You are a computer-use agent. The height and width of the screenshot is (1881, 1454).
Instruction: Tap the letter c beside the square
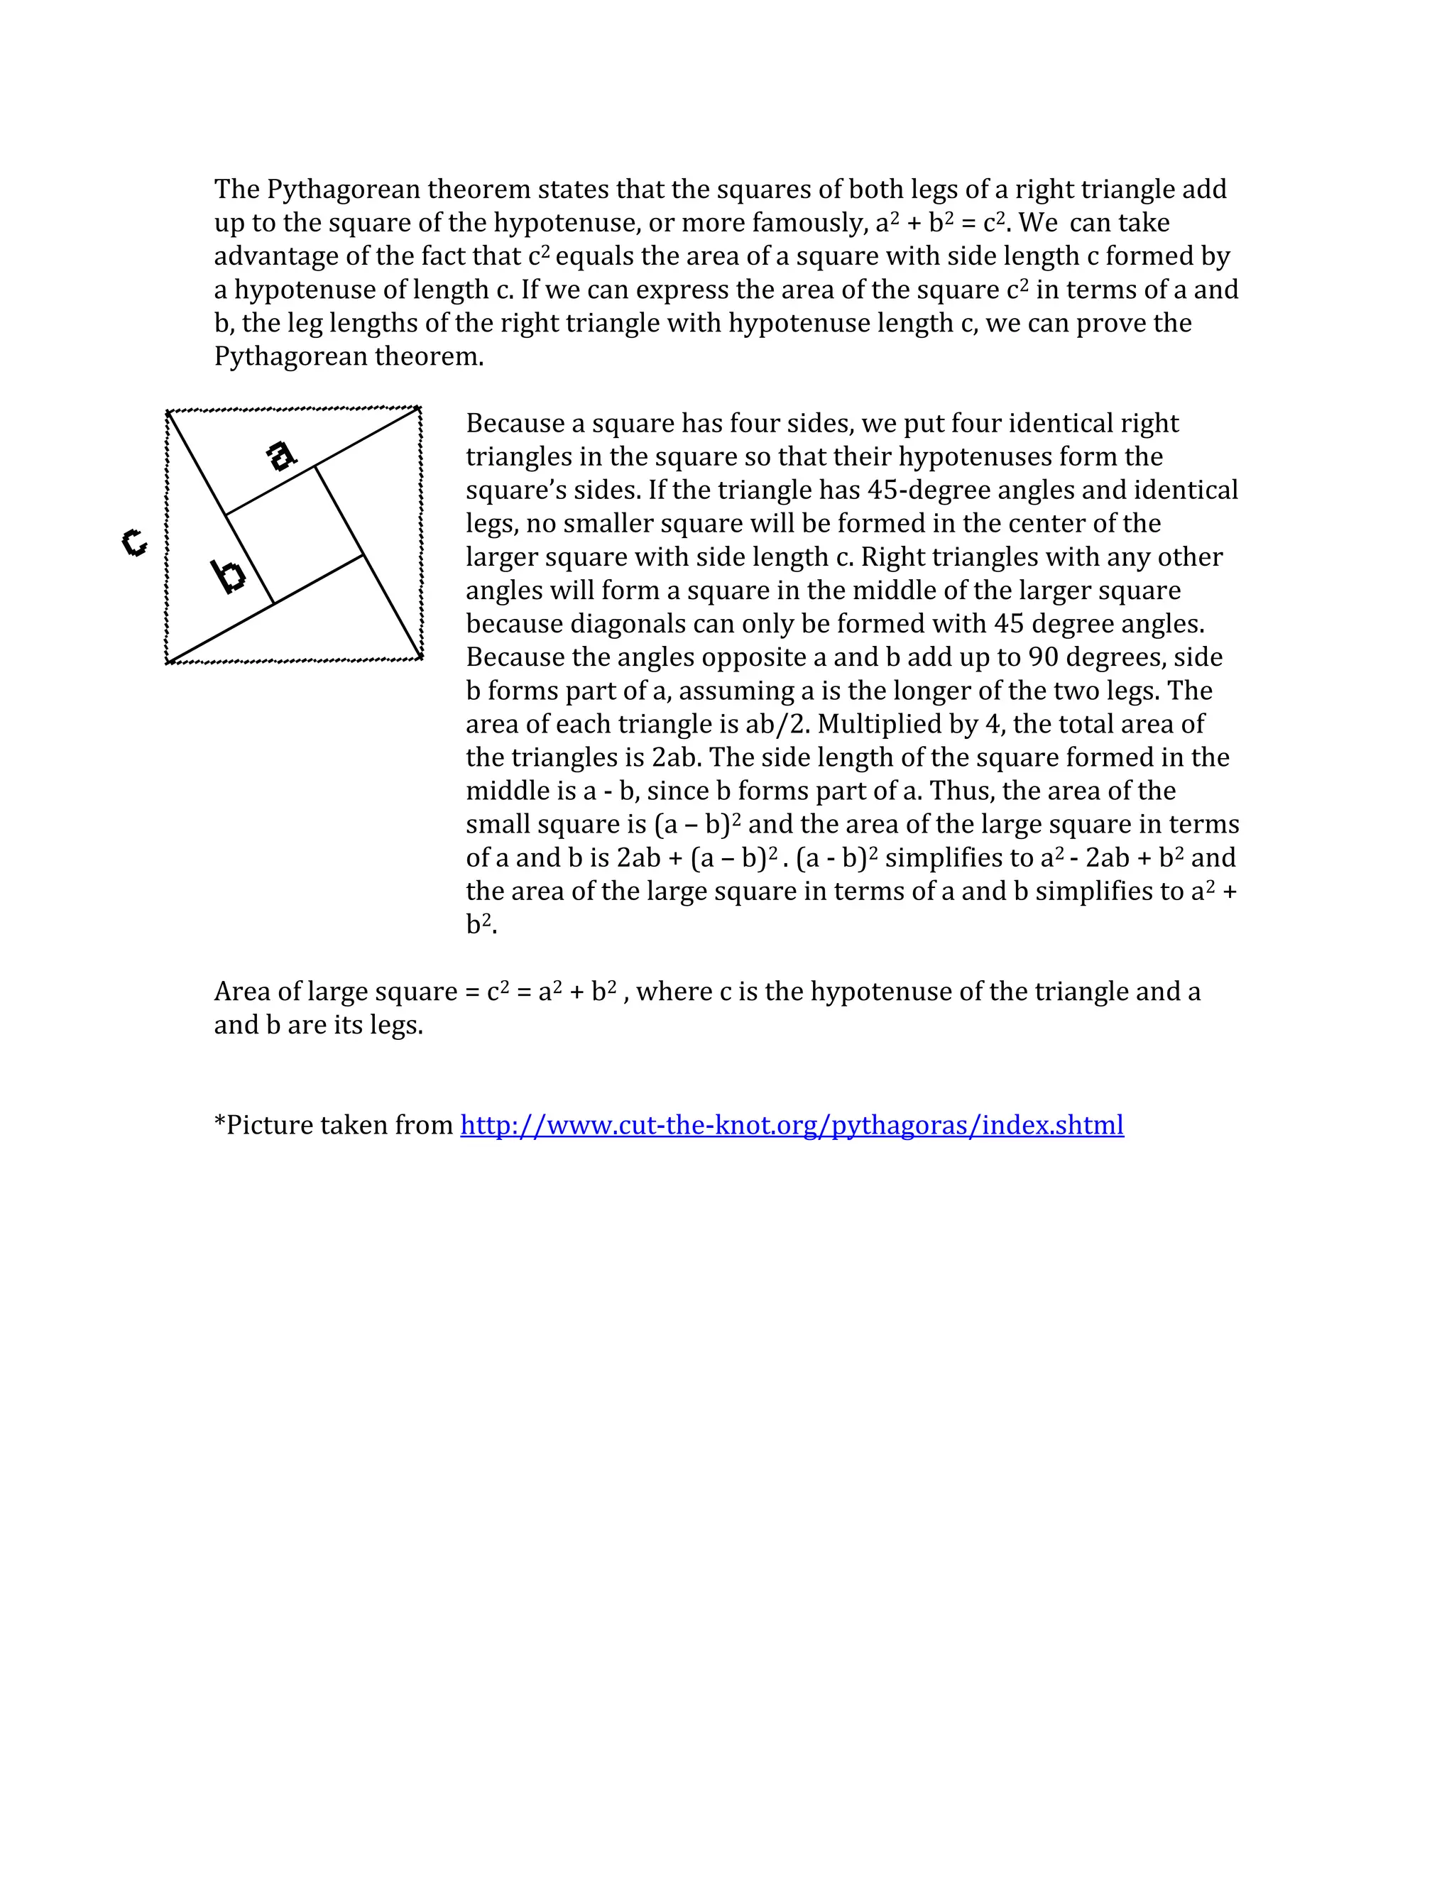(x=133, y=542)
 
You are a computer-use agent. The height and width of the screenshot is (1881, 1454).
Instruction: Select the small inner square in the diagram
(x=294, y=536)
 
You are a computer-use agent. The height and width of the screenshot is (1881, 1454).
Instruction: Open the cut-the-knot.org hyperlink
(x=792, y=1125)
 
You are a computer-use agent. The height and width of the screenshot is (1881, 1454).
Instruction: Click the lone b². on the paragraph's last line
(x=481, y=924)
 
